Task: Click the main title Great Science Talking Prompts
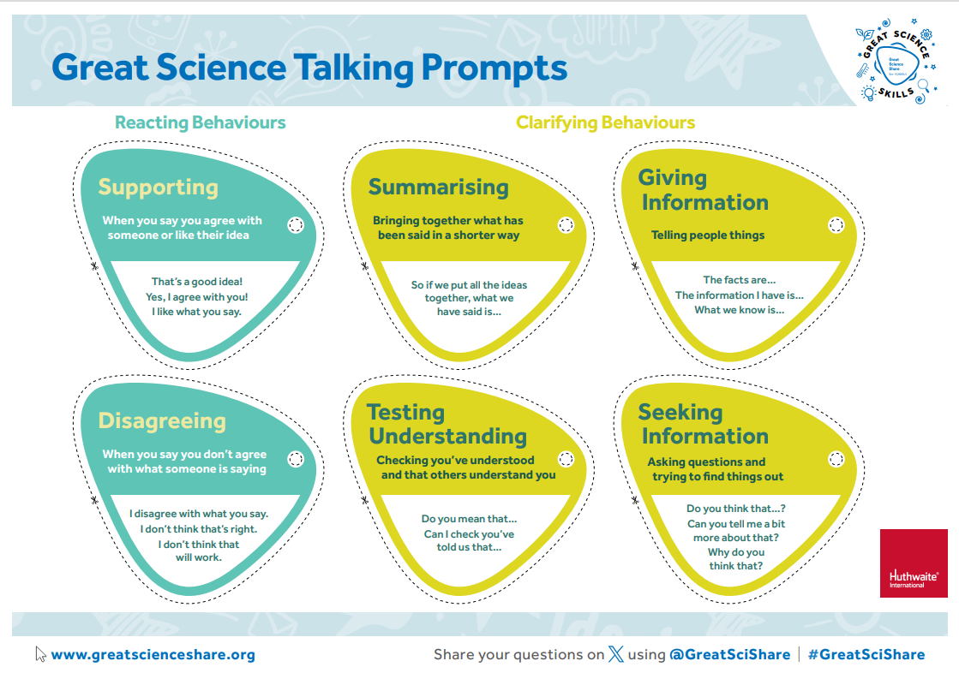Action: pos(309,67)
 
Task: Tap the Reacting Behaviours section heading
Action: pos(201,122)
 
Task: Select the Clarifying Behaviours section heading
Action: pos(605,122)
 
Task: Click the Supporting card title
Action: pos(158,187)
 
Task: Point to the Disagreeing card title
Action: pos(162,420)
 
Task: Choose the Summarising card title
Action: pos(438,187)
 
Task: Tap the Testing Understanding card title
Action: pos(447,424)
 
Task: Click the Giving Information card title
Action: pos(703,190)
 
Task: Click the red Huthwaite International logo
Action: pos(914,563)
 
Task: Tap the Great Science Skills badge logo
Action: pos(895,65)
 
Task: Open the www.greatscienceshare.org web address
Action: pos(153,655)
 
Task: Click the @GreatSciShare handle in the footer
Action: pos(729,655)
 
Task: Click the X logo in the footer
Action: pos(616,655)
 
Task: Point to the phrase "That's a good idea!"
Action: pos(197,282)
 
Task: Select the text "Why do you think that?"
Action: pos(736,559)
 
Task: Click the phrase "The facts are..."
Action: pos(739,280)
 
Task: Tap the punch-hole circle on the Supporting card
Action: pos(296,225)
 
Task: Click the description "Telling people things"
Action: pos(707,235)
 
